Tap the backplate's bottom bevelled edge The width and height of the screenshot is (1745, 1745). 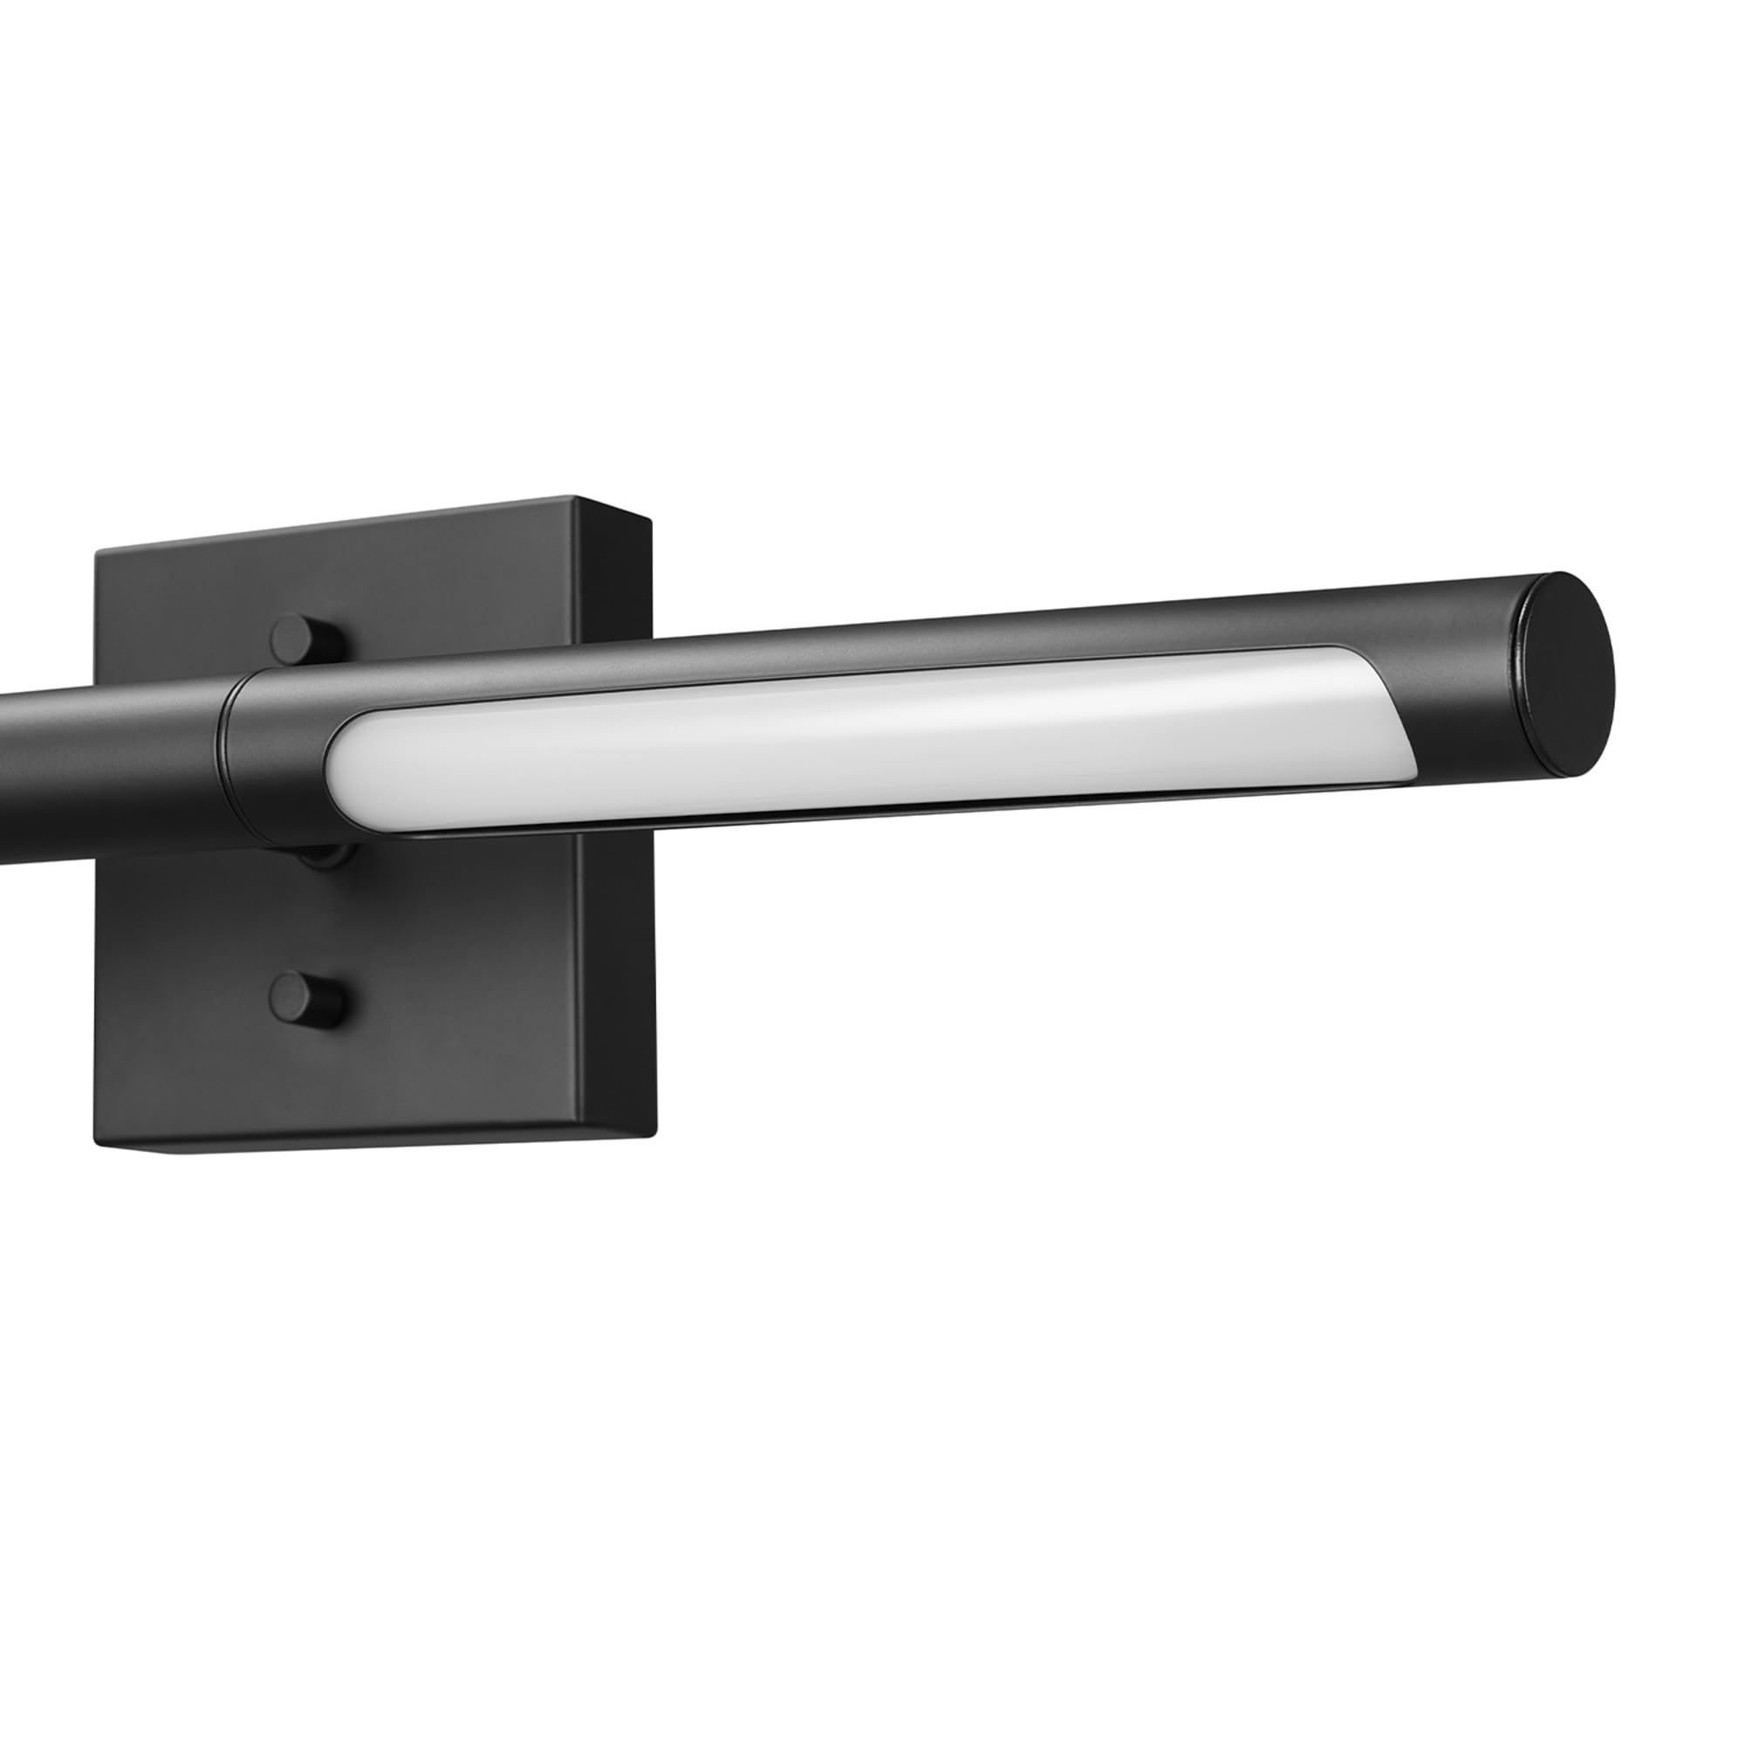point(380,1146)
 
